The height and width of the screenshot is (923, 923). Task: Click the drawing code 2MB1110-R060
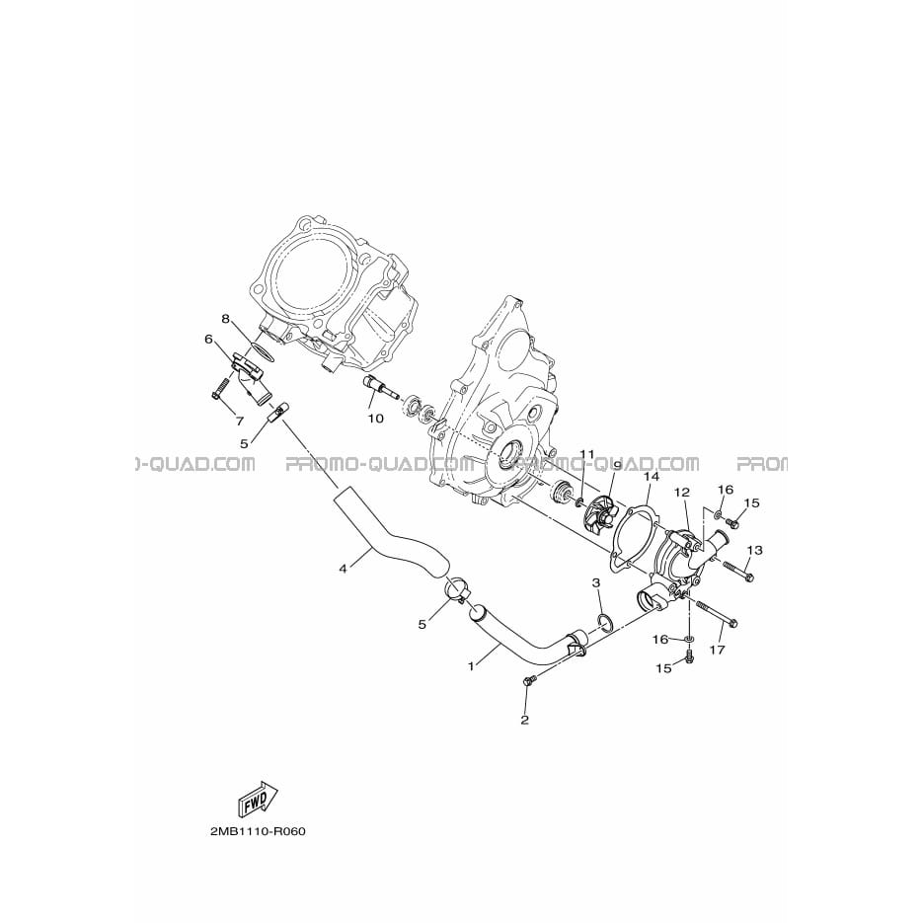(258, 832)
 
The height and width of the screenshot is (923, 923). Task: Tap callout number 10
(375, 419)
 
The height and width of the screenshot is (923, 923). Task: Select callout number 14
(652, 476)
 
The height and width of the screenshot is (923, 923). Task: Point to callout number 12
(682, 493)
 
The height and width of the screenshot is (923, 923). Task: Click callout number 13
(755, 550)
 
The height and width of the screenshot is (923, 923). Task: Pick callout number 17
(717, 650)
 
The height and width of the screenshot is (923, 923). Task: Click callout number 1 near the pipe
(471, 666)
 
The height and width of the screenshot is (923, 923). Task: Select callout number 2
(524, 720)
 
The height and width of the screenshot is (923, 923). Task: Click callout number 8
(225, 319)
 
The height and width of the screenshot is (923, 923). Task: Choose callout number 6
(207, 339)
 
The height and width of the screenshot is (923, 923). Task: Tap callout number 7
(240, 422)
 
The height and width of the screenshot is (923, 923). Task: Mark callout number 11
(587, 454)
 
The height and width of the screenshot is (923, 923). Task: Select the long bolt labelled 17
(717, 613)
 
